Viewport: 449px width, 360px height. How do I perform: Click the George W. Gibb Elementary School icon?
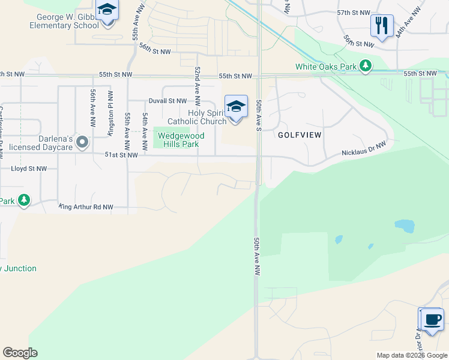(x=107, y=11)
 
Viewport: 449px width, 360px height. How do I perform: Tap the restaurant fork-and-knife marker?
(x=382, y=26)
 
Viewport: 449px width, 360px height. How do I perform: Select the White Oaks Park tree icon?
(x=365, y=66)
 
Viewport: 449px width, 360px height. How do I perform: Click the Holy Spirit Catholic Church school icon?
(x=236, y=107)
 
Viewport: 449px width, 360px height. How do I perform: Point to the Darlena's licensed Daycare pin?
(x=82, y=142)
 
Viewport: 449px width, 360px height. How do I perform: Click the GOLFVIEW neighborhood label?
(x=300, y=135)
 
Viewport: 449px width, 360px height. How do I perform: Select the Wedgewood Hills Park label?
(x=179, y=140)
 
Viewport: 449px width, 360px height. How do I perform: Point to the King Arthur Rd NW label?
(x=86, y=207)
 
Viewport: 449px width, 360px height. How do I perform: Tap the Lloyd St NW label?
(x=29, y=169)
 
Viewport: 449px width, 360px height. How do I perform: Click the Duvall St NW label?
(x=167, y=101)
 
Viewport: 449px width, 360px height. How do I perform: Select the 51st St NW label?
(x=121, y=155)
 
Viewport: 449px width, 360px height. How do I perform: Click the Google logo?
(x=20, y=353)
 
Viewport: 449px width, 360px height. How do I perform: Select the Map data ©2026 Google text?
(x=411, y=355)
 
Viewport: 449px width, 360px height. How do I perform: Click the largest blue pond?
(x=404, y=226)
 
